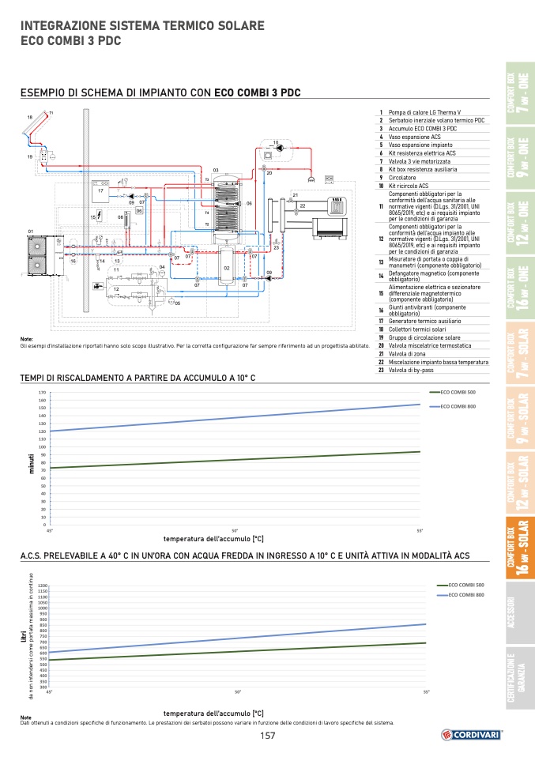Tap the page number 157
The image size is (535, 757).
[x=267, y=736]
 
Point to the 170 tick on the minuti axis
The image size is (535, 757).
[x=42, y=392]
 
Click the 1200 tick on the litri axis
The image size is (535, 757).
[x=43, y=586]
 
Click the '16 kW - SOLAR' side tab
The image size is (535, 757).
[x=518, y=548]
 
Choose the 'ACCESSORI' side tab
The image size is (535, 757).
[x=518, y=614]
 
